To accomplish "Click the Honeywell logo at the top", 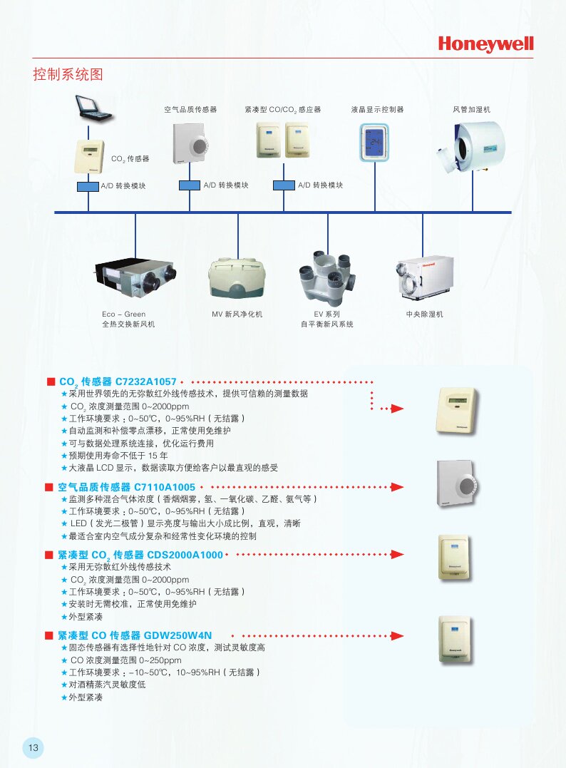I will [x=485, y=44].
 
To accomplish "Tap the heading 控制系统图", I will [x=68, y=74].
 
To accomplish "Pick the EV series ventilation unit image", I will [x=328, y=278].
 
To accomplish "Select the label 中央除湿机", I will [x=424, y=314].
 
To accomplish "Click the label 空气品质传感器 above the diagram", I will [x=190, y=110].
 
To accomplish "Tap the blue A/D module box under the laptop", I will [x=88, y=185].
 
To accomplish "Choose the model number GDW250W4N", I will [x=178, y=635].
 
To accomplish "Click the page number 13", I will [x=34, y=747].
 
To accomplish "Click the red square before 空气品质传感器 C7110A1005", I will [x=49, y=488].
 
